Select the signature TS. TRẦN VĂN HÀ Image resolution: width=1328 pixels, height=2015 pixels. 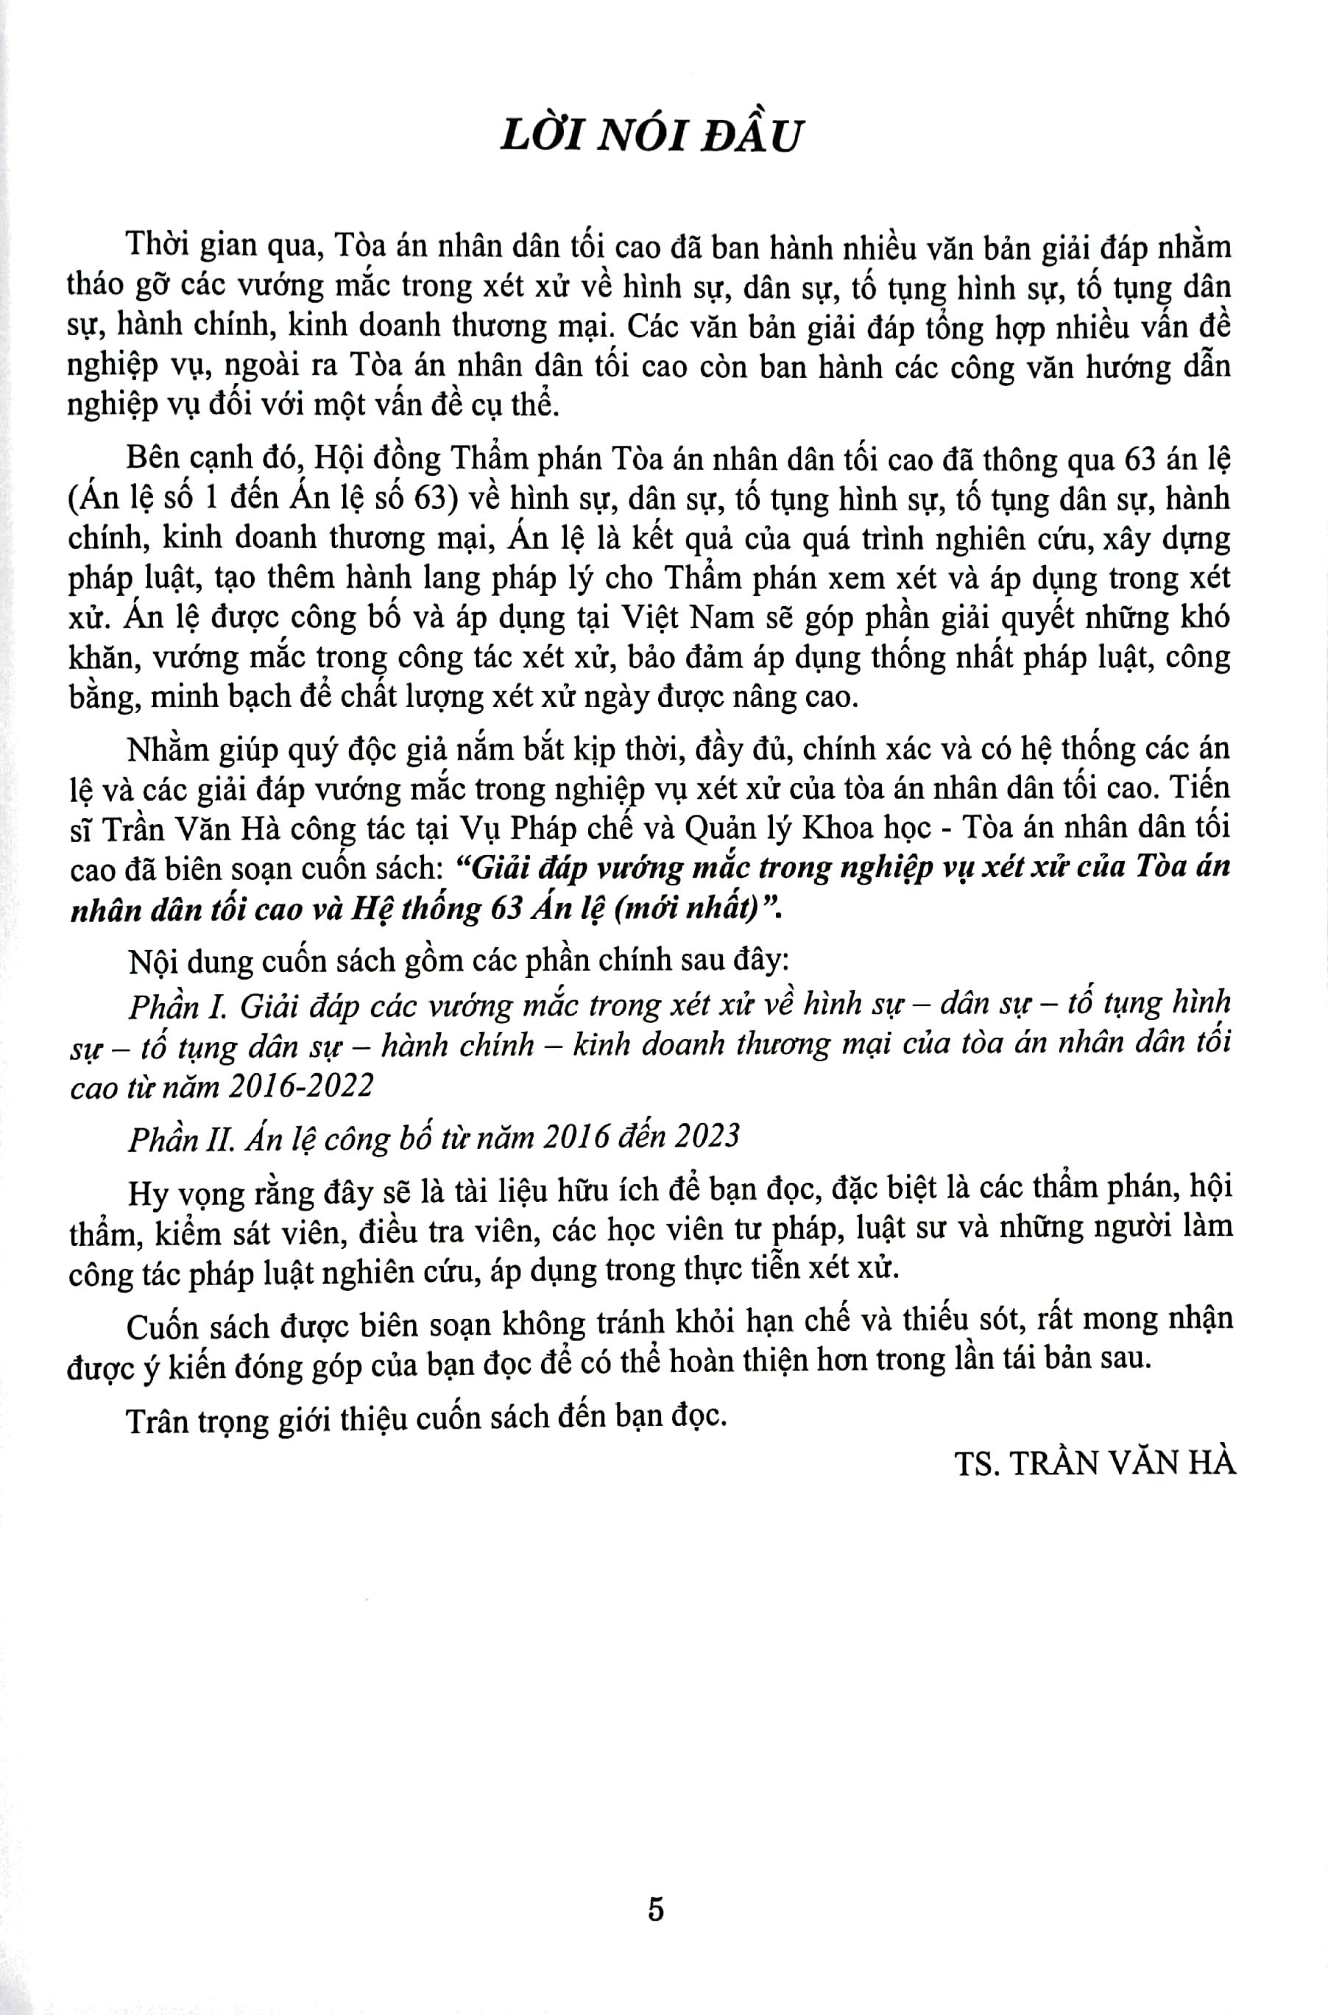pyautogui.click(x=1096, y=1463)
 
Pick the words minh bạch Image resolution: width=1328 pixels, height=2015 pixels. pyautogui.click(x=208, y=698)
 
